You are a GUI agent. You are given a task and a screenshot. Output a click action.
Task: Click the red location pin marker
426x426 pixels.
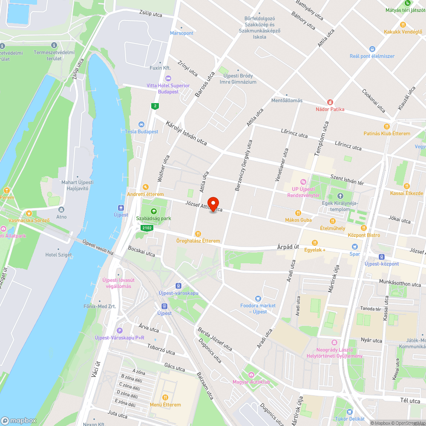pyautogui.click(x=213, y=204)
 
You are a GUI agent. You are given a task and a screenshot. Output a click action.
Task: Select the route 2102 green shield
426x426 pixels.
pyautogui.click(x=147, y=228)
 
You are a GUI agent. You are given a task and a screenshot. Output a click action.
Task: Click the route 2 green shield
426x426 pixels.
pyautogui.click(x=156, y=106)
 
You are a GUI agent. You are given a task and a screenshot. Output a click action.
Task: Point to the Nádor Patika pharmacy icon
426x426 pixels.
pyautogui.click(x=330, y=102)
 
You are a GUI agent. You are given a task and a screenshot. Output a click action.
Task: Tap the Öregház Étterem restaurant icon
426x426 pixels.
pyautogui.click(x=198, y=233)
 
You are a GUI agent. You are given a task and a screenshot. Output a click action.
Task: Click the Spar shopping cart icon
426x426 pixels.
pyautogui.click(x=354, y=247)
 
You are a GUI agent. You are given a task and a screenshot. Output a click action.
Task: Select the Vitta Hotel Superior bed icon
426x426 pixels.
pyautogui.click(x=168, y=78)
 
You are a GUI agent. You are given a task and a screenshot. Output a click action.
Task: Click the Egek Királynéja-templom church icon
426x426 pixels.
pyautogui.click(x=340, y=196)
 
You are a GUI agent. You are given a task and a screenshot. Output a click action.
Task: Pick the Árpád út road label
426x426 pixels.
pyautogui.click(x=288, y=247)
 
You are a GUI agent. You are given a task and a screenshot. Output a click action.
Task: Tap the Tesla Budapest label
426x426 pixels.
pyautogui.click(x=141, y=132)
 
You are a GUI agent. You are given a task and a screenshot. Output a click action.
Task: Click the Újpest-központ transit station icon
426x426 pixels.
pyautogui.click(x=381, y=256)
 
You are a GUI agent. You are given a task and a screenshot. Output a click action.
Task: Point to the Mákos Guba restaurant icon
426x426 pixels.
pyautogui.click(x=298, y=213)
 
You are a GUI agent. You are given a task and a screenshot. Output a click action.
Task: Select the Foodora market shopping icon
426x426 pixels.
pyautogui.click(x=258, y=299)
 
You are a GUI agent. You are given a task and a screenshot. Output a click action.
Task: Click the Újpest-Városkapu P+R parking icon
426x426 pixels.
pyautogui.click(x=120, y=331)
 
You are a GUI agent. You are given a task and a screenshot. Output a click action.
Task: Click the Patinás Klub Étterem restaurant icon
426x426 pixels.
pyautogui.click(x=387, y=126)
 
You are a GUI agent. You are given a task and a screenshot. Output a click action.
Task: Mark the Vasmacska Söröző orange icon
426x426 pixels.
pyautogui.click(x=29, y=213)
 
